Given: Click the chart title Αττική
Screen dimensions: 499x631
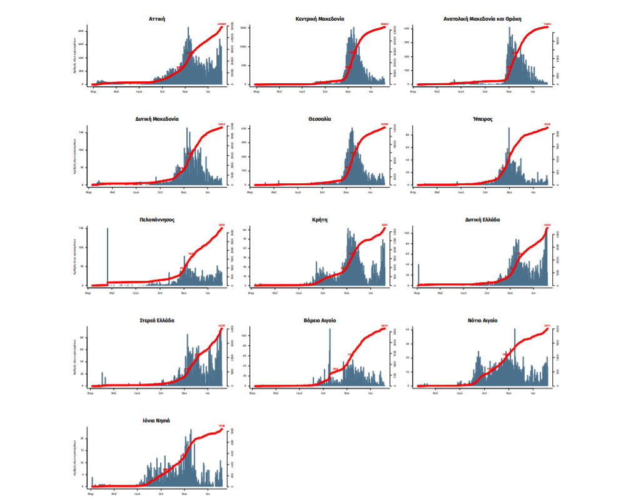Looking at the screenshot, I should click(x=157, y=19).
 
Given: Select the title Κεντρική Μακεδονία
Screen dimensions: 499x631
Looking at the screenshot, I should click(x=319, y=19).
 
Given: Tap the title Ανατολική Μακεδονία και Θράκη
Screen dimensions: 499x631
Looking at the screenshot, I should click(x=482, y=19).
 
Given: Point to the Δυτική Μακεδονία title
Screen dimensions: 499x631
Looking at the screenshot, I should click(x=157, y=119).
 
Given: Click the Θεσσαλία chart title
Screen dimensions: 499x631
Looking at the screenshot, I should click(x=319, y=119).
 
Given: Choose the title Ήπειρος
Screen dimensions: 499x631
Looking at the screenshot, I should click(x=482, y=119).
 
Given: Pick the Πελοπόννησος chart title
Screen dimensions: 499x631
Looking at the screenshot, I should click(x=156, y=219).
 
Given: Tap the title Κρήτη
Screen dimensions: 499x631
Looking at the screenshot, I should click(x=319, y=219).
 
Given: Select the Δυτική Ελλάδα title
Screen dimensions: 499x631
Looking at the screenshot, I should click(x=482, y=219).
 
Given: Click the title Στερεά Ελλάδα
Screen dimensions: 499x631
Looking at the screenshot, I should click(x=156, y=320).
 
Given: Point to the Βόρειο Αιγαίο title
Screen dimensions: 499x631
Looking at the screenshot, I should click(x=319, y=320).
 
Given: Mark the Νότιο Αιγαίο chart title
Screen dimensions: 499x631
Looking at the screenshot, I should click(x=482, y=320).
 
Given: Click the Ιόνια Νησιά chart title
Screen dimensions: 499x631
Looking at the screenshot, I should click(x=156, y=421).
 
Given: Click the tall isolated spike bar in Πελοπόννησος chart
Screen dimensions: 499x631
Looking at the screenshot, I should click(x=108, y=256).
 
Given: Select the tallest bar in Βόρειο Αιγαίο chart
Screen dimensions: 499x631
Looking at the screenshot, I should click(x=330, y=356).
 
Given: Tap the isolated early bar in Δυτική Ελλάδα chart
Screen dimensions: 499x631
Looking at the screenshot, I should click(x=418, y=275).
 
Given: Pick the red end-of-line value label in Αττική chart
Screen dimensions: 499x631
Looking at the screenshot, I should click(x=221, y=24).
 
